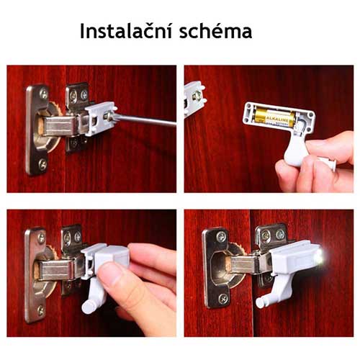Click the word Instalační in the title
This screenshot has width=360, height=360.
pyautogui.click(x=122, y=32)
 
